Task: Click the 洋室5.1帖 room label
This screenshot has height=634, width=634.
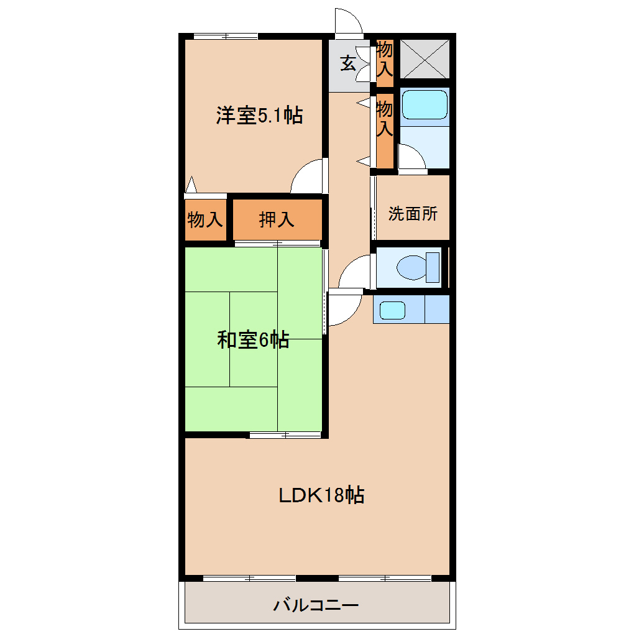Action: point(259,116)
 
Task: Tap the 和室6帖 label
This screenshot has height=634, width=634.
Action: point(253,340)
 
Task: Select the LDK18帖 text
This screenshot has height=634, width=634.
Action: point(321,495)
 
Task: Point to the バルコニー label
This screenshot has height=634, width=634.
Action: point(316,604)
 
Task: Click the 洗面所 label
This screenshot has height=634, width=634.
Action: point(413,214)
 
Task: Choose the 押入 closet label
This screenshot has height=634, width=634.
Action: point(277,219)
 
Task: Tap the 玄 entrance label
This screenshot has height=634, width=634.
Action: point(347,63)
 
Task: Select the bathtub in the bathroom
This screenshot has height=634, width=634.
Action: point(425,104)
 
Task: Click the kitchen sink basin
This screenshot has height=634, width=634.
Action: point(392,310)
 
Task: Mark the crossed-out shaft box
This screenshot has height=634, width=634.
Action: point(425,58)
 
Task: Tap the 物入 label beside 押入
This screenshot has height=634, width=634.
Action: point(205,219)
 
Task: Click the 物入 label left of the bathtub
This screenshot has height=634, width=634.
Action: point(385,119)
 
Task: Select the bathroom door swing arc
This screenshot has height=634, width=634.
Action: point(411,157)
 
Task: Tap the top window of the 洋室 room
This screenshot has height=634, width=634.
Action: point(226,36)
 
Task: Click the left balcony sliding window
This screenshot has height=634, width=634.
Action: point(249,579)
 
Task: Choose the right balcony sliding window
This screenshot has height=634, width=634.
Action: point(385,579)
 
